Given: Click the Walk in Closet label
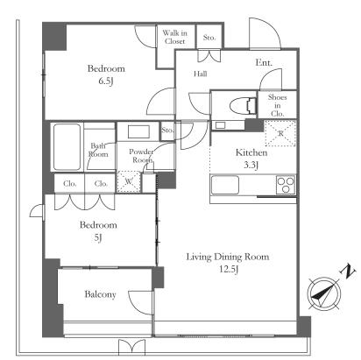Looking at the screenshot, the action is click(174, 37).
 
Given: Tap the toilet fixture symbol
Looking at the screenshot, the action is click(243, 106).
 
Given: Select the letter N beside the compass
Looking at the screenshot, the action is click(348, 272).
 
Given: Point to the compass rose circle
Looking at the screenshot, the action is click(324, 293).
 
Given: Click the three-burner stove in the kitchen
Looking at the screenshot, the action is click(286, 185).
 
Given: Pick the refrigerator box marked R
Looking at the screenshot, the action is click(280, 133).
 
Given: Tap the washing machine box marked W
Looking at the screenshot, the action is click(129, 181).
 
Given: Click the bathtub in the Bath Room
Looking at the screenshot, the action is click(67, 147).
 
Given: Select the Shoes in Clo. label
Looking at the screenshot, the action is click(277, 105).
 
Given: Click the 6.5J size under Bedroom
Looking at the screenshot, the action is click(106, 81).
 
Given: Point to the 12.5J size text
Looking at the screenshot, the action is click(229, 269).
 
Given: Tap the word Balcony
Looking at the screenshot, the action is click(100, 294).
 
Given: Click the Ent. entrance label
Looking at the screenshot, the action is click(264, 62).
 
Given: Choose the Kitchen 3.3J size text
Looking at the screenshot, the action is click(251, 166).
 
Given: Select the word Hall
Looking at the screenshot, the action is click(201, 74).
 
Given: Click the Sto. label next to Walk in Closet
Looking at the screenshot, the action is click(209, 38).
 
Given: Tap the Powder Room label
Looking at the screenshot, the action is click(141, 156).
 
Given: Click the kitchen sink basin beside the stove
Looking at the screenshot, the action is click(225, 185).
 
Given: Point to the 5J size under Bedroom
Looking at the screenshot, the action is click(98, 237).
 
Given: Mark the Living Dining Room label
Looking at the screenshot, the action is click(228, 257).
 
